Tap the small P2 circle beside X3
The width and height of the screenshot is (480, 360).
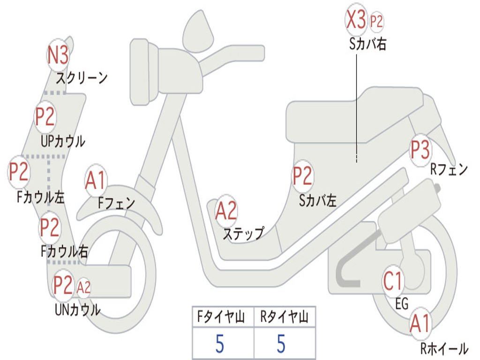point(376,22)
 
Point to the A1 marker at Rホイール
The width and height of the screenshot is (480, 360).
point(420,324)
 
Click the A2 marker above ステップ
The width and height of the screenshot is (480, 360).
point(226,211)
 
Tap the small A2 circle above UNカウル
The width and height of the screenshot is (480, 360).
point(83,287)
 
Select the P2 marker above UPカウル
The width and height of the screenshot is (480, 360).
point(45,117)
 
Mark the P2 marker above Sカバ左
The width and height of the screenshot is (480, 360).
point(302,176)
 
